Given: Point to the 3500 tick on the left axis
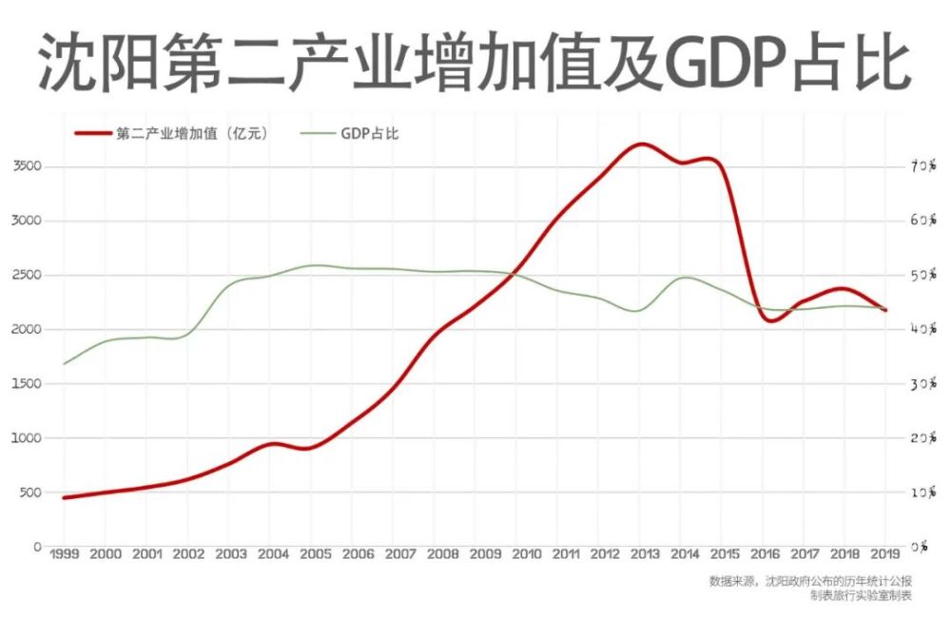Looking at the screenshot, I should (26, 166).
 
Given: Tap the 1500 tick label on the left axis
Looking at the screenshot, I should (26, 384).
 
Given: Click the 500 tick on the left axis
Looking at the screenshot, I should (29, 492).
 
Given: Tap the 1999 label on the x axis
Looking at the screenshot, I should (64, 554).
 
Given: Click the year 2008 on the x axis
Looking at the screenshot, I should (442, 554).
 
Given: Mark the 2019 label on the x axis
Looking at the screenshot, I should (885, 554).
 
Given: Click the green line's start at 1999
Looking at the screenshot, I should (65, 363).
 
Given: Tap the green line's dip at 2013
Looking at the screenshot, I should (637, 311).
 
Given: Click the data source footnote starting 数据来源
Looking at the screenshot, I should (809, 581).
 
